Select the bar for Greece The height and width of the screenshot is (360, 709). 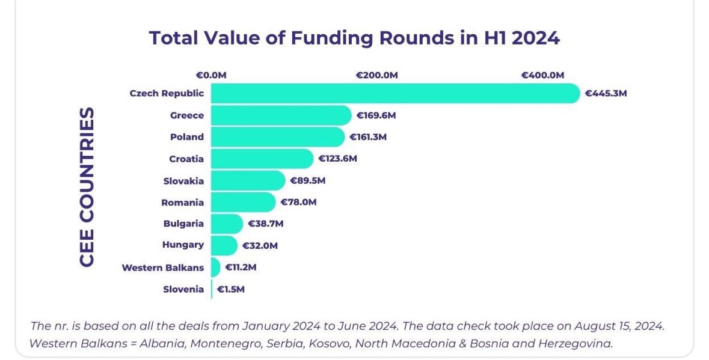coord(281,115)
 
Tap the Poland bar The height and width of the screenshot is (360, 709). coord(278,137)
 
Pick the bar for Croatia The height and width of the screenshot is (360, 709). coord(262,159)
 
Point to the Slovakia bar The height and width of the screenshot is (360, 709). coord(248,181)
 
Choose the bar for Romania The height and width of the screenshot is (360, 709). coord(244,202)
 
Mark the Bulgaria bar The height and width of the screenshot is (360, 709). coord(227,224)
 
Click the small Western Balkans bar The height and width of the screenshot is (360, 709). coord(216,267)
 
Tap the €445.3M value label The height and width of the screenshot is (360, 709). coord(606,94)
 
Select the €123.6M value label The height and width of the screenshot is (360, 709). coord(338,159)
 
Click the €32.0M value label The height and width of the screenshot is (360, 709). coord(260,246)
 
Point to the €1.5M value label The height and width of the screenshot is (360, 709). coord(230,289)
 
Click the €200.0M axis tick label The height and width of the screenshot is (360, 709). coord(376,75)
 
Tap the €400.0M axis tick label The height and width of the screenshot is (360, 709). coord(542,75)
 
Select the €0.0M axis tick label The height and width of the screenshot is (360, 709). coord(211,75)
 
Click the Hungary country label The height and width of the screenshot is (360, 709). coord(183,245)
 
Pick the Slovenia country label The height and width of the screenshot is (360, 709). coord(183,289)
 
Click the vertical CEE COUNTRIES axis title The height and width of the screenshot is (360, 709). coord(87,186)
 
